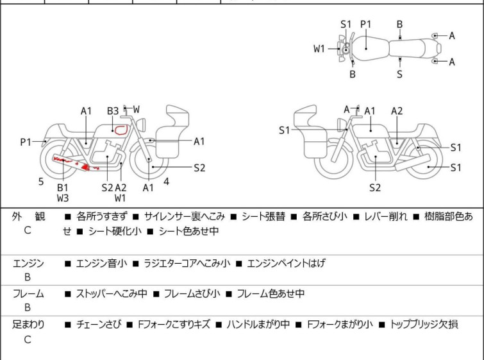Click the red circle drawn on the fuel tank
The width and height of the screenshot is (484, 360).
[x=116, y=130]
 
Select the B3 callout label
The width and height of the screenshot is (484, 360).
[x=113, y=111]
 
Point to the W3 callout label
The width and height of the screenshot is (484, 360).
[x=63, y=198]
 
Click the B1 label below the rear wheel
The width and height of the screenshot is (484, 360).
[x=63, y=187]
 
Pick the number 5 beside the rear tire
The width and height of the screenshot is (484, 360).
[x=41, y=182]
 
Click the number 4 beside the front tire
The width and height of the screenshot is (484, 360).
[x=167, y=182]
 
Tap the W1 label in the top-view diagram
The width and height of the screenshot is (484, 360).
[x=319, y=49]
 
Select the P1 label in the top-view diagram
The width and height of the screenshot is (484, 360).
[x=366, y=24]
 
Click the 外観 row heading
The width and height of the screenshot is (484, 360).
[x=28, y=217]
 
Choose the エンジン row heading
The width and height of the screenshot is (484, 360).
[x=28, y=264]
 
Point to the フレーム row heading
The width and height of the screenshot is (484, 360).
[x=28, y=293]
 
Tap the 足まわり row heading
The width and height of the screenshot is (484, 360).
[x=28, y=325]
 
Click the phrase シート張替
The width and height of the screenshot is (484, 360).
[x=263, y=217]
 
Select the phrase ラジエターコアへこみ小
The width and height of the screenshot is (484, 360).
[x=187, y=264]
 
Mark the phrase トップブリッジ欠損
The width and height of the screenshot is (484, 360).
[x=424, y=325]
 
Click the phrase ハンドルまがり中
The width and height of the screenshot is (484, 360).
[x=258, y=325]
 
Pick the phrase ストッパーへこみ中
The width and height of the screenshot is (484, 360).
[x=112, y=293]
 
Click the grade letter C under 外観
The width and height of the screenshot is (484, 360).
[x=28, y=230]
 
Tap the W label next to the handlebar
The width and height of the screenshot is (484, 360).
[x=137, y=109]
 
